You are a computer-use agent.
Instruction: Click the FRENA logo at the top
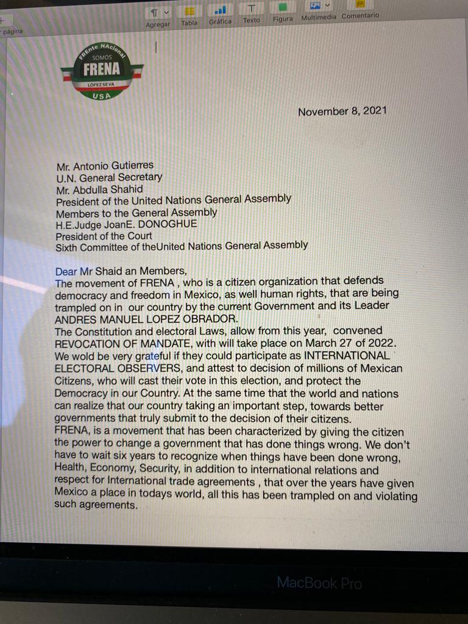click(102, 69)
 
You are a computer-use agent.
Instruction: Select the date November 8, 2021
click(342, 112)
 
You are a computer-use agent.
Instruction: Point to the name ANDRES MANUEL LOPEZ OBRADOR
click(145, 319)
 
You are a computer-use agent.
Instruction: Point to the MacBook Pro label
click(319, 583)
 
